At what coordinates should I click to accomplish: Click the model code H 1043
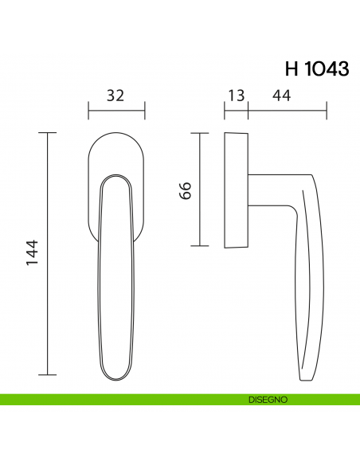coord(316,68)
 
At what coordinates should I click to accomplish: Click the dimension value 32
coord(115,96)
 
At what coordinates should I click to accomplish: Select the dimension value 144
coord(33,253)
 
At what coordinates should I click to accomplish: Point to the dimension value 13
coord(236,96)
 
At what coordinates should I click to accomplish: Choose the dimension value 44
coord(280,96)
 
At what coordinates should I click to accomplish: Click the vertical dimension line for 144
coord(49,253)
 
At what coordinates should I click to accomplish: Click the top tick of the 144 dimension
coord(49,132)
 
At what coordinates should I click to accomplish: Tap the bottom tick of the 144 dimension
coord(49,374)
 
